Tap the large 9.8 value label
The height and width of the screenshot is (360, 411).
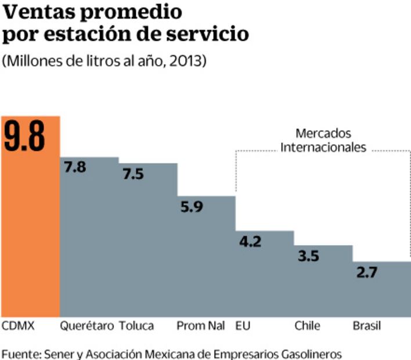pyautogui.click(x=24, y=138)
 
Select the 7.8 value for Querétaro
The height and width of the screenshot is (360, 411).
pyautogui.click(x=75, y=168)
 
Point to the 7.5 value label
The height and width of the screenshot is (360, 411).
pyautogui.click(x=133, y=174)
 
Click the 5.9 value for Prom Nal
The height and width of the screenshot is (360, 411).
pyautogui.click(x=192, y=207)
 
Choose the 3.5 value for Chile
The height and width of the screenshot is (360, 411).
pyautogui.click(x=308, y=256)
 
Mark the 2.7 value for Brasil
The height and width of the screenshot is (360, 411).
pyautogui.click(x=367, y=272)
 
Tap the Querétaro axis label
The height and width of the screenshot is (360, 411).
pyautogui.click(x=87, y=326)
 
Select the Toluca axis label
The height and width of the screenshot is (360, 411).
pyautogui.click(x=136, y=326)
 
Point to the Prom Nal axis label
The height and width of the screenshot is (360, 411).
pyautogui.click(x=200, y=326)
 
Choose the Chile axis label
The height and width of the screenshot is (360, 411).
pyautogui.click(x=307, y=326)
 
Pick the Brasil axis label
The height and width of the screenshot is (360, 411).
pyautogui.click(x=367, y=326)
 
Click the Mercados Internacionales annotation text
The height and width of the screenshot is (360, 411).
pyautogui.click(x=323, y=141)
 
